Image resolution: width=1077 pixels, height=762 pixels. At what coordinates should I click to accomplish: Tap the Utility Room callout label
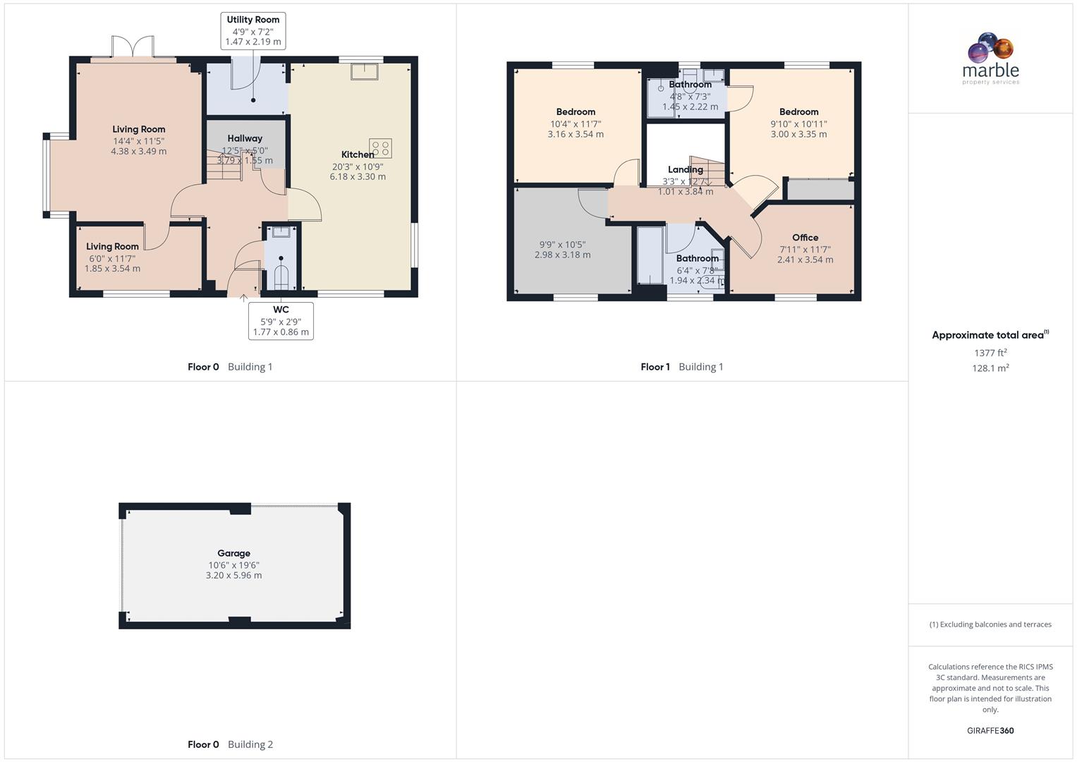coord(253,31)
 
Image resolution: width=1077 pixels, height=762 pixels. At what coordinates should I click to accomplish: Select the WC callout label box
coord(281,321)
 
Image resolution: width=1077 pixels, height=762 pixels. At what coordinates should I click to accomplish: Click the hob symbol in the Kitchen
coord(381,148)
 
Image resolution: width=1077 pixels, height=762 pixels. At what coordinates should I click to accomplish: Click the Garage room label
coord(233,554)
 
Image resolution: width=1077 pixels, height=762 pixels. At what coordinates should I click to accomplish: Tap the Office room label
coord(805,238)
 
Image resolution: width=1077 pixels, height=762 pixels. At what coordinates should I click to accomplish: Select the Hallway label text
coord(245,139)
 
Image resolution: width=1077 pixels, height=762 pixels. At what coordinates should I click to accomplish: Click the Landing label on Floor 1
coord(685,170)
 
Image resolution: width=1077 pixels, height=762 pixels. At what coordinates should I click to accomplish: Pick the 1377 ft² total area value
coord(990,353)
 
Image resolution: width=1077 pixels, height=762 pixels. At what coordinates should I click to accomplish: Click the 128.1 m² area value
coord(990,368)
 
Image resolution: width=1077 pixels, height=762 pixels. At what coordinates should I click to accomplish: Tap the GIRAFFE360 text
coord(990,731)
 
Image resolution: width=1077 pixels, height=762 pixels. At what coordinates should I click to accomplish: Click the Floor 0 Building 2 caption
coord(230,744)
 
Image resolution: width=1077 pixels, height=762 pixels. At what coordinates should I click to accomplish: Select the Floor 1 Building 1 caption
coord(681,367)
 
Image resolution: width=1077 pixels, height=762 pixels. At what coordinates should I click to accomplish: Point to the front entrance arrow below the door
coord(243,298)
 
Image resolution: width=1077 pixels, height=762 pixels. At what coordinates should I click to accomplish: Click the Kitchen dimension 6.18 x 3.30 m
coord(358,177)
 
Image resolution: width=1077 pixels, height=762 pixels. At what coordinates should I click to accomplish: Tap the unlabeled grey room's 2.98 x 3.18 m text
coord(562,255)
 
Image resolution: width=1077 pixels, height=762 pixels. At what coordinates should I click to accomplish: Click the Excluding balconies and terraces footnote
coord(990,624)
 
